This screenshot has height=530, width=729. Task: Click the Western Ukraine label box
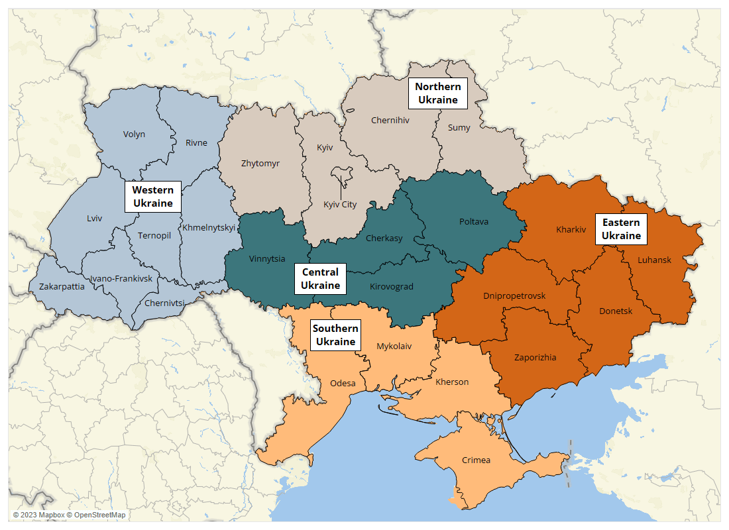pyautogui.click(x=153, y=197)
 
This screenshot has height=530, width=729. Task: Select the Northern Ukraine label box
pyautogui.click(x=438, y=93)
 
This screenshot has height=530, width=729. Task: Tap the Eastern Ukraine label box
pyautogui.click(x=621, y=229)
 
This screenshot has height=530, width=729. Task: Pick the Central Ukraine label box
pyautogui.click(x=320, y=279)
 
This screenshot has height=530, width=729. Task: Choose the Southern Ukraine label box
pyautogui.click(x=335, y=335)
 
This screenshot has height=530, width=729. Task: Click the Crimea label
pyautogui.click(x=476, y=460)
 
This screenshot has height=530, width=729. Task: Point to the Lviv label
pyautogui.click(x=95, y=218)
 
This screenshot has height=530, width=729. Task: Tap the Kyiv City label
pyautogui.click(x=340, y=204)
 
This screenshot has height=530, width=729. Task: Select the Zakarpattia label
pyautogui.click(x=62, y=287)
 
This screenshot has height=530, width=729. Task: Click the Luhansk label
pyautogui.click(x=654, y=260)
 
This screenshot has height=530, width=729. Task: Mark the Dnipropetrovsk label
pyautogui.click(x=514, y=295)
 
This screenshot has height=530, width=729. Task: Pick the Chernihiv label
pyautogui.click(x=390, y=121)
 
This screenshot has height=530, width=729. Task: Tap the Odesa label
pyautogui.click(x=343, y=383)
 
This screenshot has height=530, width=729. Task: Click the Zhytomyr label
pyautogui.click(x=260, y=163)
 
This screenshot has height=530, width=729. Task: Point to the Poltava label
pyautogui.click(x=474, y=221)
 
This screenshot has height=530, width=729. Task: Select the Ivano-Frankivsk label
pyautogui.click(x=121, y=279)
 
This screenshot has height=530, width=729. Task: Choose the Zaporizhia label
pyautogui.click(x=535, y=357)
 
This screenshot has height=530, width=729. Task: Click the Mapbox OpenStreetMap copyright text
pyautogui.click(x=69, y=515)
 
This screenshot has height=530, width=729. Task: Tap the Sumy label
pyautogui.click(x=459, y=128)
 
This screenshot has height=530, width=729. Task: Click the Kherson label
pyautogui.click(x=452, y=382)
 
